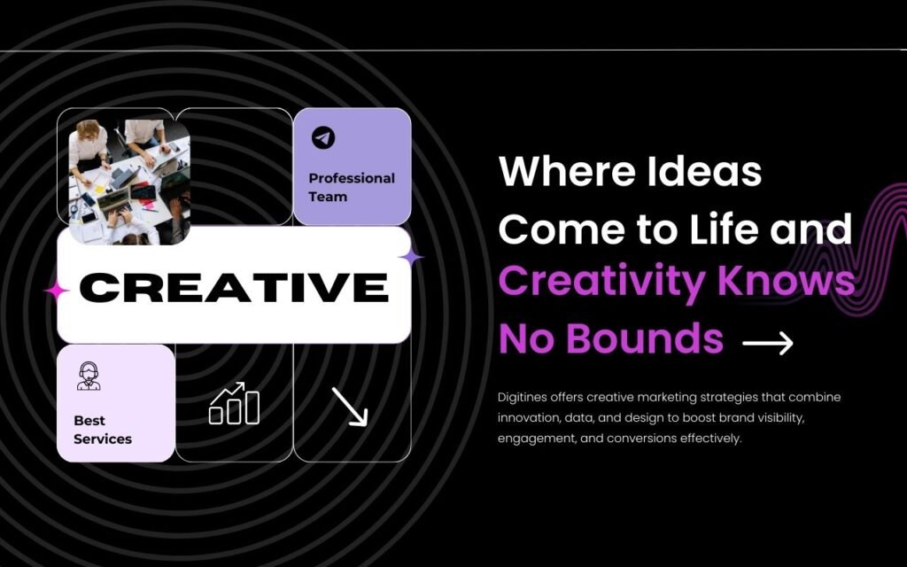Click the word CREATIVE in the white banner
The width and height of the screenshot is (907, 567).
[234, 287]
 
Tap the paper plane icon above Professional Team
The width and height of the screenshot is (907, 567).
[323, 137]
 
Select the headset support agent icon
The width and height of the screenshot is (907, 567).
[89, 376]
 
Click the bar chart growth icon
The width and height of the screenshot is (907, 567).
[234, 403]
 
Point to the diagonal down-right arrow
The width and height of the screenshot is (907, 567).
[349, 407]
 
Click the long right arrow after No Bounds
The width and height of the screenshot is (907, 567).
[768, 343]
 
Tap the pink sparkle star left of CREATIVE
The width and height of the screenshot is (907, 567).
[57, 291]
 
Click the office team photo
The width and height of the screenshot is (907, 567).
[129, 182]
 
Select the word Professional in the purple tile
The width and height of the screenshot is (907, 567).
[352, 178]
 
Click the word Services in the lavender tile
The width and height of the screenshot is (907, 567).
[103, 439]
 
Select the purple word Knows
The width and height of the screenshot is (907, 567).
[787, 281]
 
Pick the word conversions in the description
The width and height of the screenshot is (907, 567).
[642, 438]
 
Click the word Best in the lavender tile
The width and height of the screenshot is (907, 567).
[89, 420]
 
